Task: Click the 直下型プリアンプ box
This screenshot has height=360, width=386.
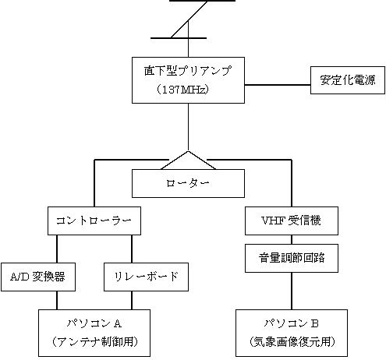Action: click(188, 80)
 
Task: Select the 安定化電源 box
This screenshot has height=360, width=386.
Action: click(348, 80)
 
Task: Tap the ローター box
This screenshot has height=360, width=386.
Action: click(188, 183)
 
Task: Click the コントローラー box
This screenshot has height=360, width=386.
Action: click(94, 221)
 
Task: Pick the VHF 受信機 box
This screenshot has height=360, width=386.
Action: click(292, 221)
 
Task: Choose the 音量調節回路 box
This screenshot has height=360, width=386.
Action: click(292, 258)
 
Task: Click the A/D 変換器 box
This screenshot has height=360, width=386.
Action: click(38, 277)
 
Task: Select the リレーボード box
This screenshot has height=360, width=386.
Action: click(146, 277)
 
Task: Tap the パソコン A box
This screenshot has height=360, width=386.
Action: click(94, 333)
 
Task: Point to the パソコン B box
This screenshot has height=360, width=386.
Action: click(292, 333)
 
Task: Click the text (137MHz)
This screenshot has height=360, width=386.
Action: click(182, 90)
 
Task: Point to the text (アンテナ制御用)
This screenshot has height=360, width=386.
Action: click(94, 342)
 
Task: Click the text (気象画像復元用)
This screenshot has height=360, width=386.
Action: click(292, 342)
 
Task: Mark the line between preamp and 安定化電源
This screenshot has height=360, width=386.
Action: click(278, 85)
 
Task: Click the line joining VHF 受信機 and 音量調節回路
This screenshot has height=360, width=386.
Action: click(292, 239)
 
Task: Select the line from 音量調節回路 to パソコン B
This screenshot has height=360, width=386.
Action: click(292, 291)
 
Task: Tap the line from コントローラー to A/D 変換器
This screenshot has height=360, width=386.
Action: click(57, 249)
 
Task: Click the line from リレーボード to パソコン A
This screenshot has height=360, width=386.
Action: click(132, 300)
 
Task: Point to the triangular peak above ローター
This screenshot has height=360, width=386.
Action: click(188, 151)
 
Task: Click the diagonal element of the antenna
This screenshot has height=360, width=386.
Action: click(189, 19)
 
